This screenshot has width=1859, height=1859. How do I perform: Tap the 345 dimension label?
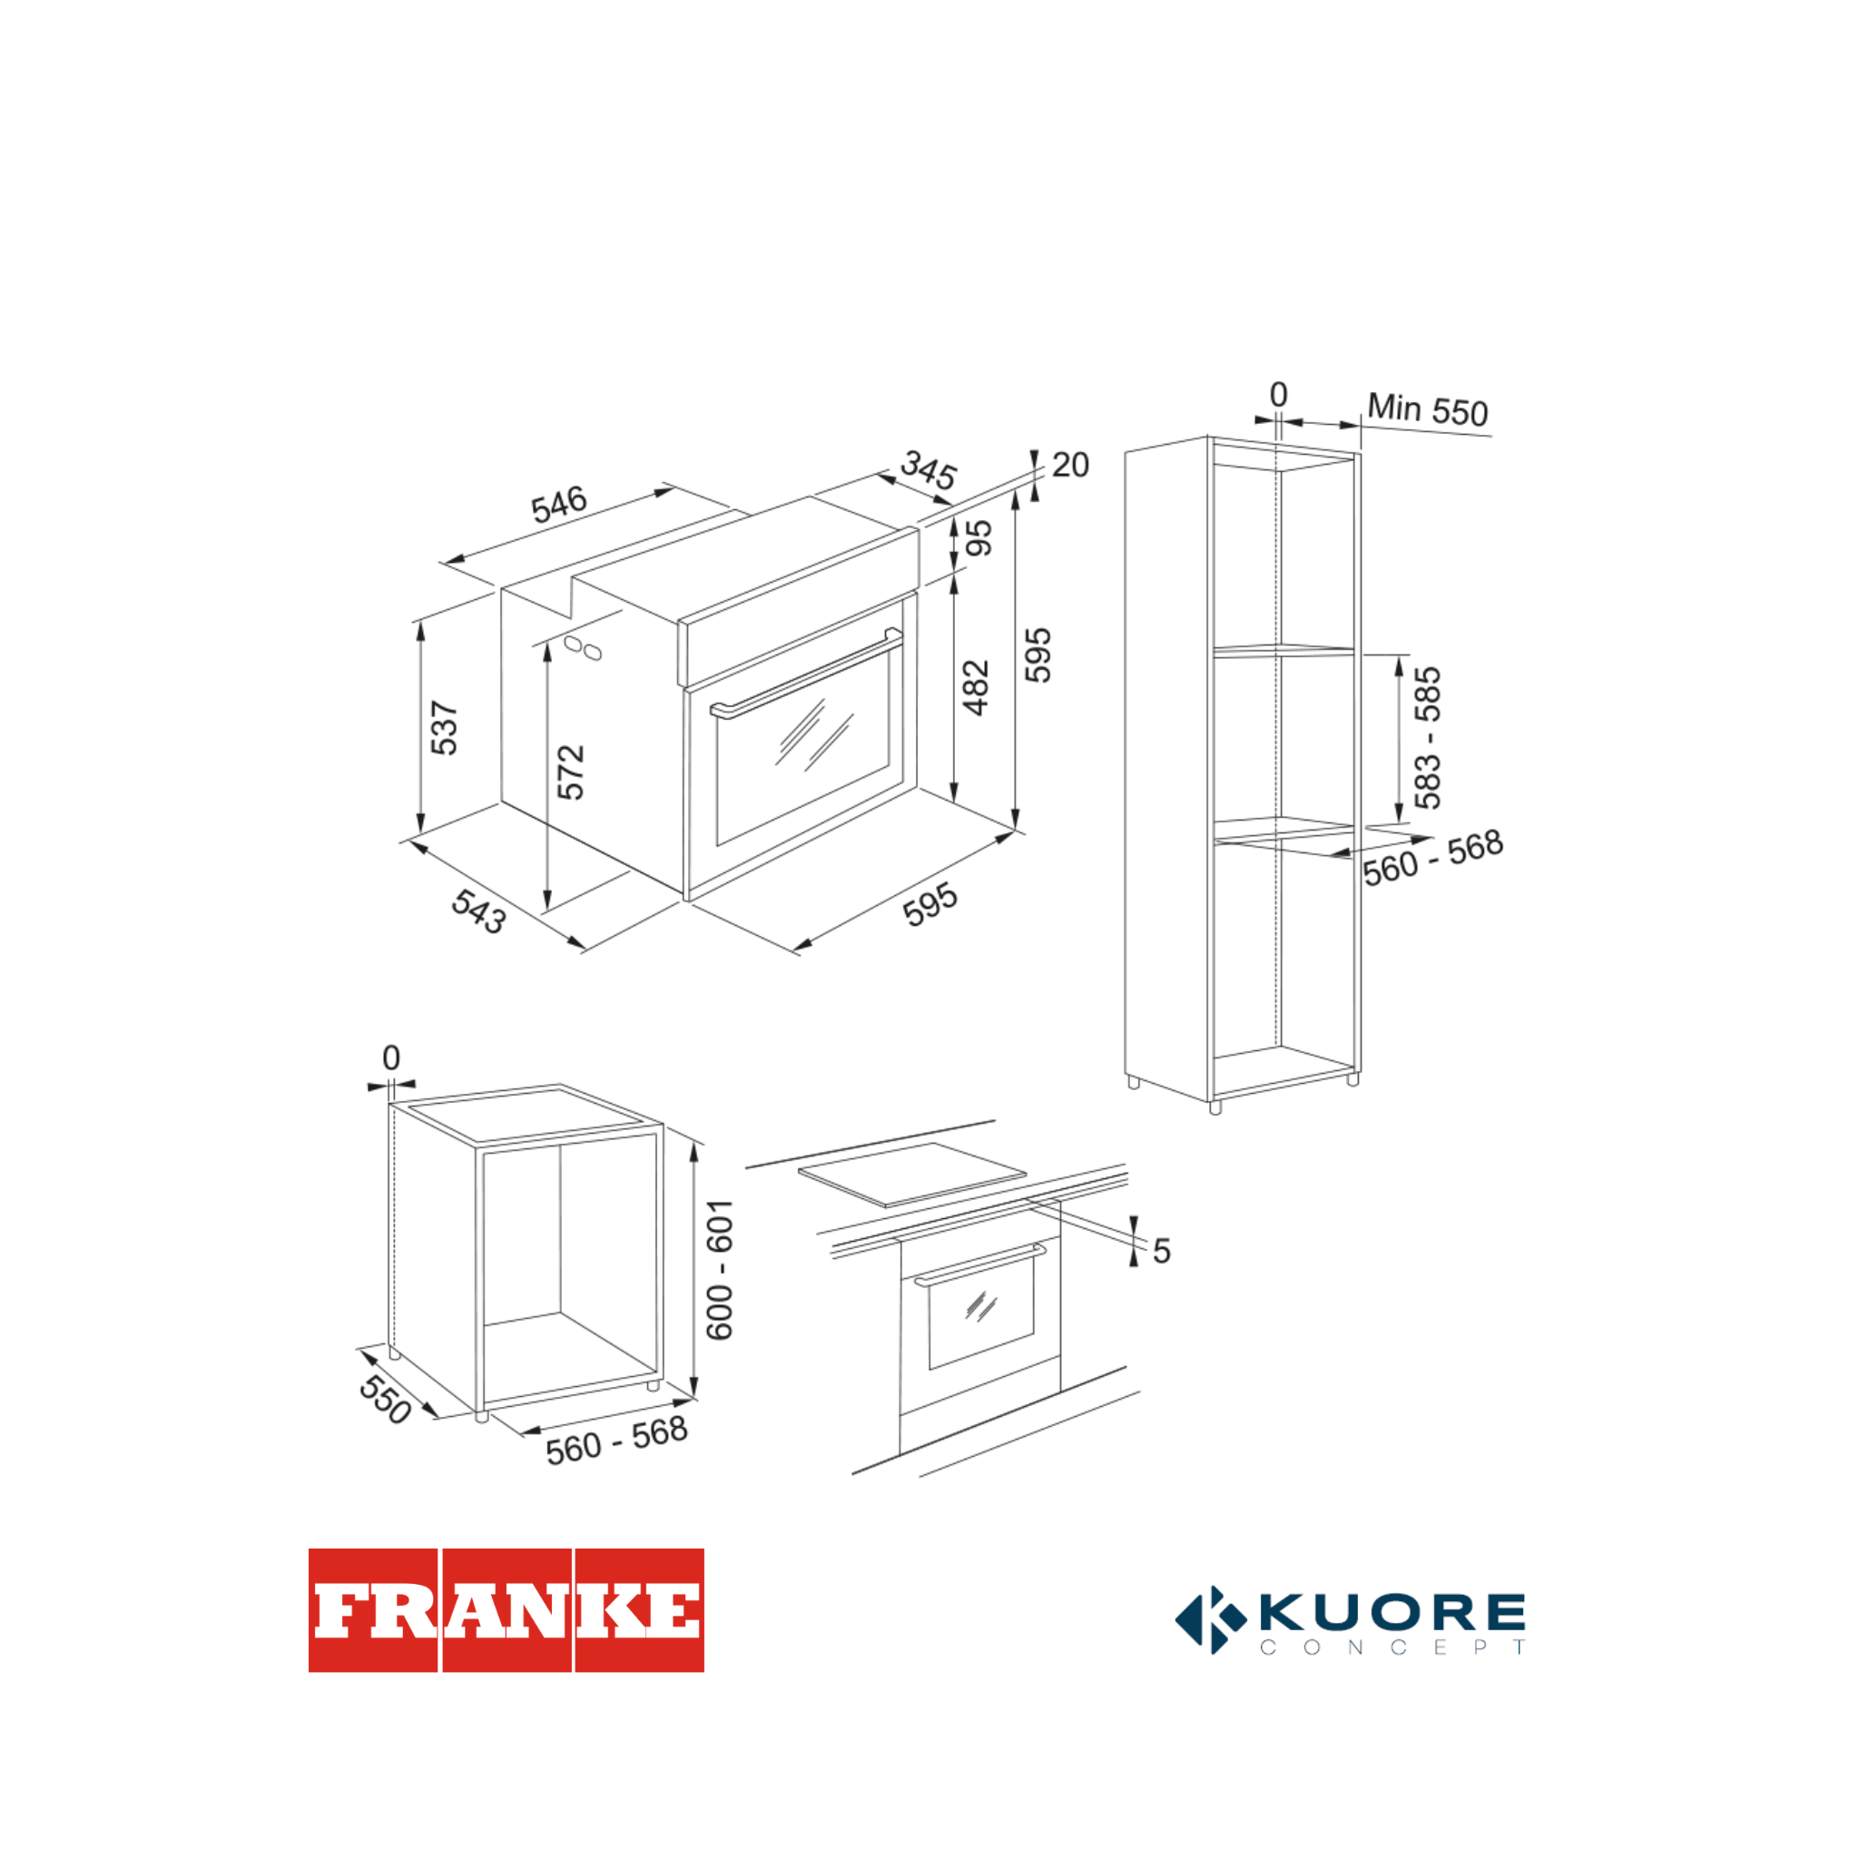coord(929,470)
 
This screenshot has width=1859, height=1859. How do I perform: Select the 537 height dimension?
coord(445,727)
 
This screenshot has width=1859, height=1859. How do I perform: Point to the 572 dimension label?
coord(571,772)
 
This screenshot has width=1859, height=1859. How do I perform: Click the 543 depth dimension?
coord(479,910)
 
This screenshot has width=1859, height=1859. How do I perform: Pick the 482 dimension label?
coord(976,688)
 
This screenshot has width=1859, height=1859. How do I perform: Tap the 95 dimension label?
coord(979,538)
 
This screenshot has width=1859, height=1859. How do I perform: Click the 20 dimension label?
coord(1070,465)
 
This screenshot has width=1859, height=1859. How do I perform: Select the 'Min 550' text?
coord(1428,409)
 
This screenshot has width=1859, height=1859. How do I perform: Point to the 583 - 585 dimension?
coord(1427,738)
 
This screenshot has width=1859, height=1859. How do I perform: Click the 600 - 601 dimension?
coord(719,1270)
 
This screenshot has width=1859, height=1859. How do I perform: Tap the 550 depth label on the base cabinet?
coord(385,1399)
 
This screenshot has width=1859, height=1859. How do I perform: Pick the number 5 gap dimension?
coord(1161,1251)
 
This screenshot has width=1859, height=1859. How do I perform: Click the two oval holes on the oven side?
coord(583,647)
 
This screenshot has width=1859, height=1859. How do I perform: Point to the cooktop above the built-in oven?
coord(912,1174)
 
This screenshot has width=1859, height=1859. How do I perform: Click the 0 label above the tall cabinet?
coord(1278,395)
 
